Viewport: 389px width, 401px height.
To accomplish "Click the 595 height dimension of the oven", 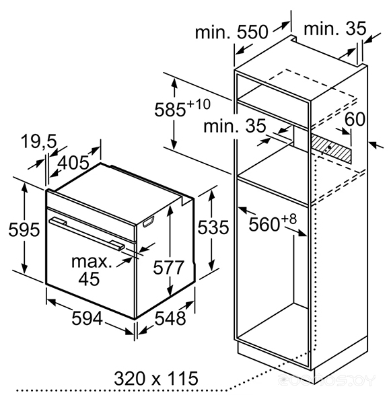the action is pyautogui.click(x=24, y=229).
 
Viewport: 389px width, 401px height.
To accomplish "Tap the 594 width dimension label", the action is pyautogui.click(x=87, y=318).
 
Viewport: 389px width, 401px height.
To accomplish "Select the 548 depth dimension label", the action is pyautogui.click(x=170, y=318).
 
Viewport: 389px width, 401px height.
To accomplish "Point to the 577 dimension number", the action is pyautogui.click(x=168, y=267).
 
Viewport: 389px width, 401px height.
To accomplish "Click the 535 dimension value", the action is pyautogui.click(x=213, y=227).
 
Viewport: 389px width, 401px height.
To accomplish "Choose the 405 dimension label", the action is pyautogui.click(x=73, y=163).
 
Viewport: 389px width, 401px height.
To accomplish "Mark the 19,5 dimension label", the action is pyautogui.click(x=38, y=141).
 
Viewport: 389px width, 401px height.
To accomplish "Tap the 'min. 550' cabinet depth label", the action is pyautogui.click(x=232, y=32).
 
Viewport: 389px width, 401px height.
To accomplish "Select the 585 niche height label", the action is pyautogui.click(x=170, y=110).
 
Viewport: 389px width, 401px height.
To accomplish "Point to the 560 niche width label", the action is pyautogui.click(x=264, y=225).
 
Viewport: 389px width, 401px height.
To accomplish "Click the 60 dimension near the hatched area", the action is pyautogui.click(x=355, y=119).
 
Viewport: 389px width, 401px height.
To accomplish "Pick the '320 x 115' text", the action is pyautogui.click(x=155, y=379).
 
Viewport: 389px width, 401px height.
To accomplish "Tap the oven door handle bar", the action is pyautogui.click(x=87, y=233).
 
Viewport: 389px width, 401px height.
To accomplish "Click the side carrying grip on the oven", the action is pyautogui.click(x=149, y=221).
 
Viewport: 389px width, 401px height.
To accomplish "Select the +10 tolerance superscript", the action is pyautogui.click(x=199, y=104).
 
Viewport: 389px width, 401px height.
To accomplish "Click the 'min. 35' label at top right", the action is pyautogui.click(x=335, y=29).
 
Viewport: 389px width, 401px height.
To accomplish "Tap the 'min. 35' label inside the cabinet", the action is pyautogui.click(x=235, y=126).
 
